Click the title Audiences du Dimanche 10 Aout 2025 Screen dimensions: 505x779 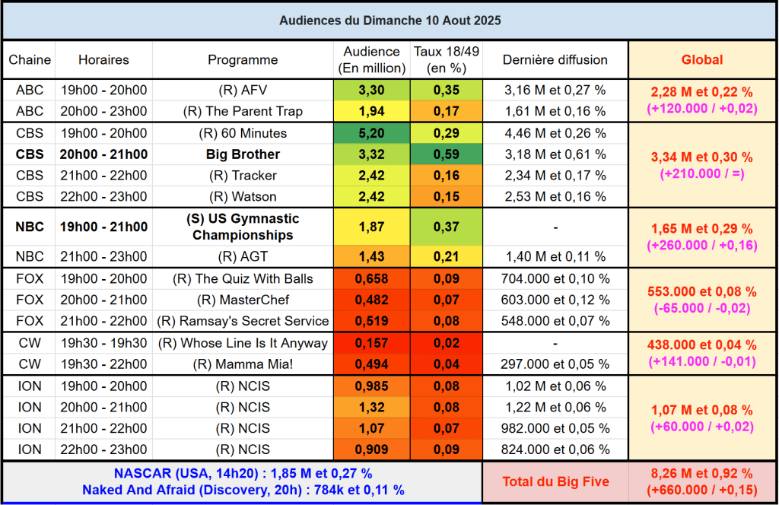coord(389,21)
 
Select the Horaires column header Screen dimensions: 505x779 coord(103,59)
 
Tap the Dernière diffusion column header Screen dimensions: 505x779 coord(555,59)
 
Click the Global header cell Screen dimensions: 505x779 coord(701,59)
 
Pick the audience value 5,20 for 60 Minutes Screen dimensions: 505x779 coord(371,133)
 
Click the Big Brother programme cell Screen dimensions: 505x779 coord(243,154)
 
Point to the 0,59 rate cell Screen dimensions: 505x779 coord(446,154)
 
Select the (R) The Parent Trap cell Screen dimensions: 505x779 coord(243,111)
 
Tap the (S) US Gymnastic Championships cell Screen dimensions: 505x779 coord(243,227)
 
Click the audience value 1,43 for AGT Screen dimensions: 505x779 coord(371,256)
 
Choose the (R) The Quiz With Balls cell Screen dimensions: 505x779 coord(243,278)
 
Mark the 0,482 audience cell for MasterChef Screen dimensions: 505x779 coord(371,300)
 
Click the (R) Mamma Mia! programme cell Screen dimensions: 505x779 coord(243,364)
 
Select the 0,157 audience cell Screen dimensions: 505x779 coord(371,343)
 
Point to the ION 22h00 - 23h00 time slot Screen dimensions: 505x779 coord(103,449)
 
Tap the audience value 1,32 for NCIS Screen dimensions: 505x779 coord(371,407)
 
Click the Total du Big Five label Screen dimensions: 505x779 coord(555,481)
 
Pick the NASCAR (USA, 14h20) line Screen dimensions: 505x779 coord(243,474)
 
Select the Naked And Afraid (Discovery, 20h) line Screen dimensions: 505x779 coord(243,490)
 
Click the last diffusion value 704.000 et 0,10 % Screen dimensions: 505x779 coord(555,278)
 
